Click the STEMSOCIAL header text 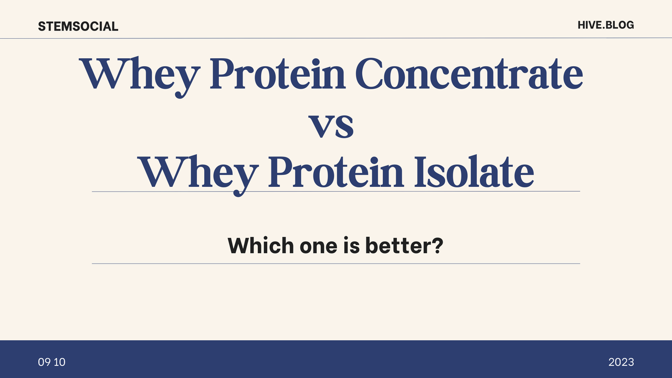[x=78, y=26]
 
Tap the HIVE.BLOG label [x=606, y=25]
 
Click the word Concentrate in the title [x=469, y=73]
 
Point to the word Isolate [x=474, y=172]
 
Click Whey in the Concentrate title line [x=140, y=77]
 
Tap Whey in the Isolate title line [x=198, y=175]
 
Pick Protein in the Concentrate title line [x=278, y=73]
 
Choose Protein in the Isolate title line [x=336, y=172]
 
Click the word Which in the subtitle [x=261, y=245]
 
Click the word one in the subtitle [x=318, y=248]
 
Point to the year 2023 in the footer [x=621, y=362]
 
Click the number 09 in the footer [x=44, y=362]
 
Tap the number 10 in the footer [x=60, y=362]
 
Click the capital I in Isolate [x=420, y=172]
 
